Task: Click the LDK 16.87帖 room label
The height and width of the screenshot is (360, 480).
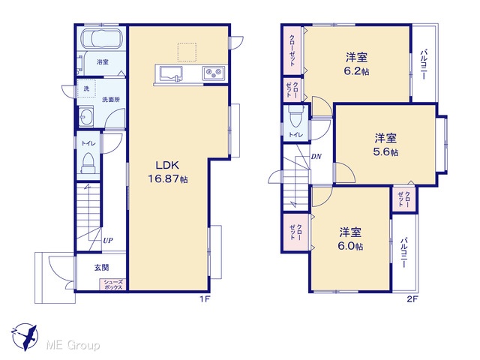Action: pyautogui.click(x=168, y=172)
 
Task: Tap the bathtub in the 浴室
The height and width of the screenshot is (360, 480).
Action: pyautogui.click(x=102, y=38)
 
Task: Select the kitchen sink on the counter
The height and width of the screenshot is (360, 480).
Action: pyautogui.click(x=171, y=74)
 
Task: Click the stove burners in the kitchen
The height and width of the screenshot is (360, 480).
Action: pyautogui.click(x=213, y=73)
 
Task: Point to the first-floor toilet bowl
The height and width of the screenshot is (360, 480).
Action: pyautogui.click(x=88, y=163)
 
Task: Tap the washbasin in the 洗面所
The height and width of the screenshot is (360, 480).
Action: pyautogui.click(x=86, y=116)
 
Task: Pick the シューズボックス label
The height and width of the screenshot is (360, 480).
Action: pyautogui.click(x=113, y=285)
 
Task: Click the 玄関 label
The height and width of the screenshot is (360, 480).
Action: pyautogui.click(x=101, y=268)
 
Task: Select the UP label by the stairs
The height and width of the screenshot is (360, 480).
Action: pyautogui.click(x=108, y=240)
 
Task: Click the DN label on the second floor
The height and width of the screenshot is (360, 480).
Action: pyautogui.click(x=316, y=157)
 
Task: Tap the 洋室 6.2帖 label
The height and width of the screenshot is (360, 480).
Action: pyautogui.click(x=357, y=64)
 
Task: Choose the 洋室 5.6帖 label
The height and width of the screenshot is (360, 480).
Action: pyautogui.click(x=385, y=145)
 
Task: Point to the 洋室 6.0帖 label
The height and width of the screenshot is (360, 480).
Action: pyautogui.click(x=350, y=239)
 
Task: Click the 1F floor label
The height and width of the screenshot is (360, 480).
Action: pyautogui.click(x=205, y=299)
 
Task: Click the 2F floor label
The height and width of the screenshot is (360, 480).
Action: pyautogui.click(x=412, y=299)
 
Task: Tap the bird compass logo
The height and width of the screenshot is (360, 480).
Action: pyautogui.click(x=25, y=337)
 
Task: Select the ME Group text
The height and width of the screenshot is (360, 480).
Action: pyautogui.click(x=73, y=346)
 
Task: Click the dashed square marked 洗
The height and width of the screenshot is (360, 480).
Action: pyautogui.click(x=86, y=88)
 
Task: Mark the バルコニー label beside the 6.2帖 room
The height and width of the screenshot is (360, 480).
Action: pyautogui.click(x=424, y=64)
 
